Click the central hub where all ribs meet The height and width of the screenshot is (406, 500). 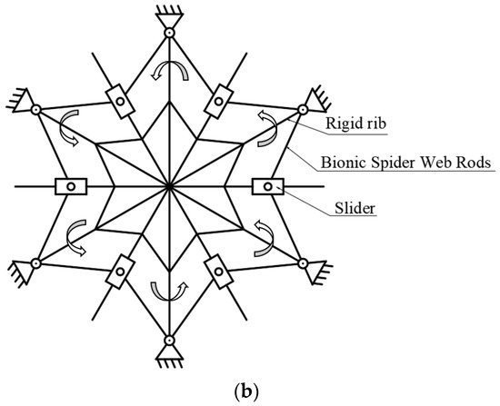[169, 186]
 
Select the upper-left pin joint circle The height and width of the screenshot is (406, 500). [36, 110]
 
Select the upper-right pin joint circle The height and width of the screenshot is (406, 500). [302, 110]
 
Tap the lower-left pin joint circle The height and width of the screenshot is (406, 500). [36, 263]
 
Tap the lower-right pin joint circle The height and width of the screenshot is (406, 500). [302, 263]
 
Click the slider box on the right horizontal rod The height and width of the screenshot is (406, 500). [267, 186]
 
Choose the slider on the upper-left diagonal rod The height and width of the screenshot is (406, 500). [119, 101]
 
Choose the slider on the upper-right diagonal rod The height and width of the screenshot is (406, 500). [219, 101]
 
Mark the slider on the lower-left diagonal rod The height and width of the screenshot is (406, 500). [119, 272]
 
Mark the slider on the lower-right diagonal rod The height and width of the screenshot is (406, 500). [219, 272]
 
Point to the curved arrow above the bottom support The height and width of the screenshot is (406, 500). [169, 291]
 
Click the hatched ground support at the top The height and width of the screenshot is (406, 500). [169, 12]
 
